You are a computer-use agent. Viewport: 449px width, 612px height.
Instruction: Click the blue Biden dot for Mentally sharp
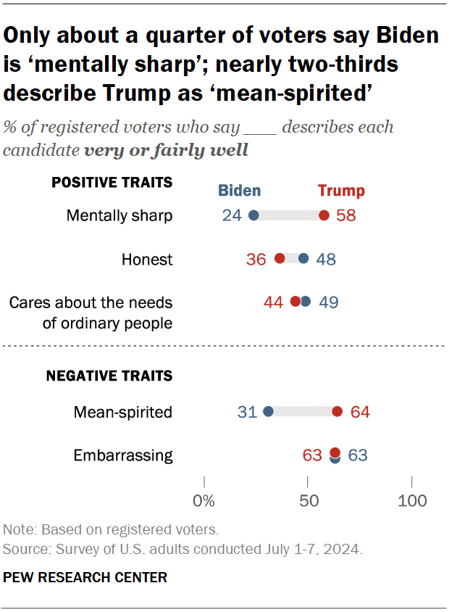pyautogui.click(x=253, y=215)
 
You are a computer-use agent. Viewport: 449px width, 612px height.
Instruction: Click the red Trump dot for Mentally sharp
pyautogui.click(x=324, y=215)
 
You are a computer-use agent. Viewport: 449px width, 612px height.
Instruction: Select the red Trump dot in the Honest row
pyautogui.click(x=280, y=259)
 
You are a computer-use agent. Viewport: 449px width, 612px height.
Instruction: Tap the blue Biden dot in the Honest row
pyautogui.click(x=303, y=259)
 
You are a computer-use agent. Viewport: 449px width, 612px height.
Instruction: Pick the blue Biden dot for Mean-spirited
pyautogui.click(x=268, y=412)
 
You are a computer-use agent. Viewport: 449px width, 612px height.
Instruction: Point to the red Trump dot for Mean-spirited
pyautogui.click(x=337, y=412)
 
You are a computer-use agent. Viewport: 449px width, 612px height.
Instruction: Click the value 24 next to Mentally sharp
pyautogui.click(x=232, y=216)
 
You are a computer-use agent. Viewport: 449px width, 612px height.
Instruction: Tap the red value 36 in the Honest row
pyautogui.click(x=256, y=260)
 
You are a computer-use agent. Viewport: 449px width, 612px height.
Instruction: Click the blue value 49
pyautogui.click(x=328, y=302)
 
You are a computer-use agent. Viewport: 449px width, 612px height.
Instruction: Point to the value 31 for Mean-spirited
pyautogui.click(x=247, y=413)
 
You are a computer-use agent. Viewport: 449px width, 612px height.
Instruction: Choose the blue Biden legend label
pyautogui.click(x=240, y=191)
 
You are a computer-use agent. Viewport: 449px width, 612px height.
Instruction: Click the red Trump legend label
pyautogui.click(x=341, y=191)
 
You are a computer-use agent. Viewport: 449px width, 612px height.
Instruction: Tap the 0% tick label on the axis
pyautogui.click(x=204, y=500)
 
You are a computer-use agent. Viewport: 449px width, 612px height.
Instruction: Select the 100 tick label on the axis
pyautogui.click(x=413, y=500)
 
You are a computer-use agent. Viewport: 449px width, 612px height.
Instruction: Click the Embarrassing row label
pyautogui.click(x=123, y=456)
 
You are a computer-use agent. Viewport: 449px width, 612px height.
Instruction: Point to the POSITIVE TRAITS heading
pyautogui.click(x=112, y=182)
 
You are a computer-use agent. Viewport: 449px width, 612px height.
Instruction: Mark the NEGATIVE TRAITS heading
pyautogui.click(x=109, y=376)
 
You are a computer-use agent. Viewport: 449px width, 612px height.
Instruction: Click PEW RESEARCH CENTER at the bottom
pyautogui.click(x=85, y=578)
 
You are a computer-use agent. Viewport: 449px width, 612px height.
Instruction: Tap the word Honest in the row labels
pyautogui.click(x=148, y=260)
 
